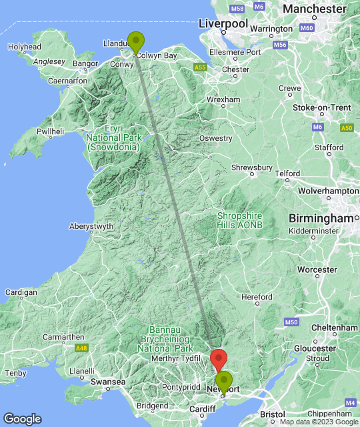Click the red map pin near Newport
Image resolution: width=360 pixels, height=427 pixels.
coord(219,359)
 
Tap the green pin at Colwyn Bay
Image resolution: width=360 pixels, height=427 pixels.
coord(136,41)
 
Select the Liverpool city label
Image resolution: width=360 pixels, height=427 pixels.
coord(223,24)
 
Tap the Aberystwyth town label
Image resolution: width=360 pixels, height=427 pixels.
coord(91,227)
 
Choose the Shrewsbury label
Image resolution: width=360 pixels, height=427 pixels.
coord(251,168)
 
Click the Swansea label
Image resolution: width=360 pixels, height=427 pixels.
coord(109,382)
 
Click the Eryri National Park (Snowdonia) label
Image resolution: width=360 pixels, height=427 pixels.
coord(113,137)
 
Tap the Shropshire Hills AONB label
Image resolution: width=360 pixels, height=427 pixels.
coord(240,220)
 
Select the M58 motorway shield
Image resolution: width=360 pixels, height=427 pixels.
coord(236,9)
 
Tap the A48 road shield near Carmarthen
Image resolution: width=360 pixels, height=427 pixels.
coord(81,348)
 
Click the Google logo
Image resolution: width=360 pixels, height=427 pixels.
coord(22,419)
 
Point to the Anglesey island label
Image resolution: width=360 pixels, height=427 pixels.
coord(50,61)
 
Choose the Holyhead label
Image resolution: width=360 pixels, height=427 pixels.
coord(25,47)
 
